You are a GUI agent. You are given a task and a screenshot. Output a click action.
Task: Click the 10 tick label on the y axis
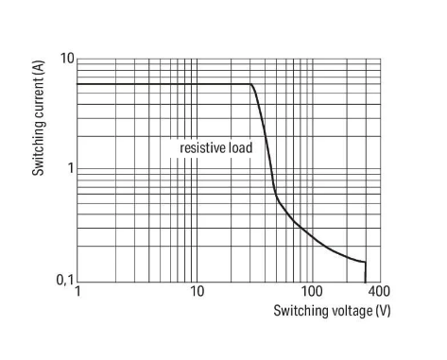point(67,59)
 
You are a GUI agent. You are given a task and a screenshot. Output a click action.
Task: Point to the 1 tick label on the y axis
point(71,168)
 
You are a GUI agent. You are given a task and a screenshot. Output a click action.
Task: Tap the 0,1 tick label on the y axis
point(65,280)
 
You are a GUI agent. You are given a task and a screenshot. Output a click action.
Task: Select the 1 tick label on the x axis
point(77,291)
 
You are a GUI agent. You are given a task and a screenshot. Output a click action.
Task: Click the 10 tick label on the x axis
point(198,291)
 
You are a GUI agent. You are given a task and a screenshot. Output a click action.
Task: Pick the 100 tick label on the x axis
point(312,291)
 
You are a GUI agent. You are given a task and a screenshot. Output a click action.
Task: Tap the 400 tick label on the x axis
point(379,291)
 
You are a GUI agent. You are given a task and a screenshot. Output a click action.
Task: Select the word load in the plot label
point(241,147)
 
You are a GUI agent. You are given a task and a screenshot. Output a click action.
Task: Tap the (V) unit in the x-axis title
point(383,311)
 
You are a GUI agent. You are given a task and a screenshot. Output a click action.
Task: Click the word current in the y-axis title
point(39,100)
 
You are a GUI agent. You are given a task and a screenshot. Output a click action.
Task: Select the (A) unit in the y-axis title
point(39,67)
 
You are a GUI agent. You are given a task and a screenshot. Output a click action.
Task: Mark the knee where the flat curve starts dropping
point(251,84)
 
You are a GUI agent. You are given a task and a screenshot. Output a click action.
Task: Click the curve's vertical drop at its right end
point(366,272)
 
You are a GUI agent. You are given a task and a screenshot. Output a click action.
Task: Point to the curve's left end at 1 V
point(77,84)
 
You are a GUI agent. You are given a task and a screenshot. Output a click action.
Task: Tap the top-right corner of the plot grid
point(381,59)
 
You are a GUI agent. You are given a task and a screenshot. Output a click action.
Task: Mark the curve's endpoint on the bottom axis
point(366,283)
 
